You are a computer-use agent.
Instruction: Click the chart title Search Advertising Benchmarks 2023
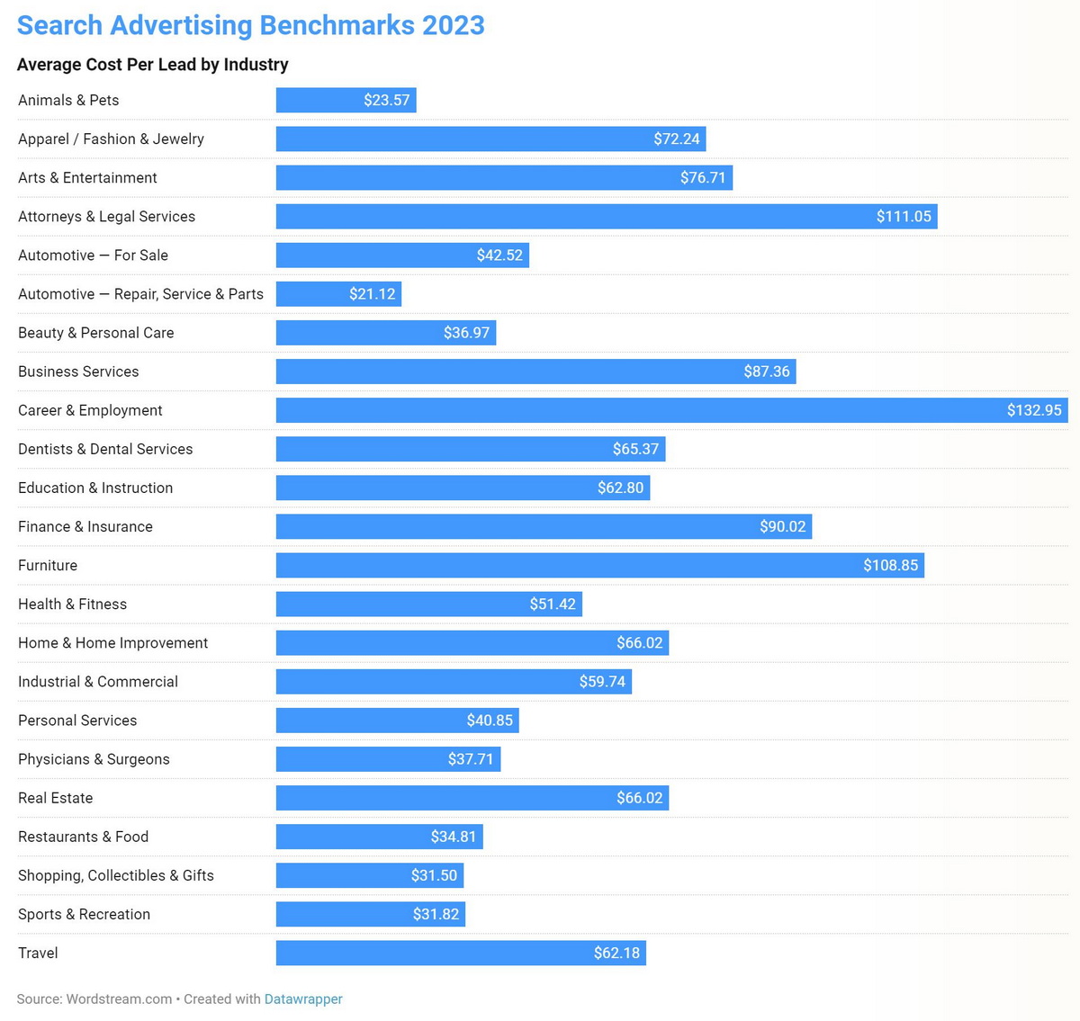pos(250,25)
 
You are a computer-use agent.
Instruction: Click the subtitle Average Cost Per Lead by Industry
pos(153,65)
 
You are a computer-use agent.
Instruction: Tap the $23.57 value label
pos(386,100)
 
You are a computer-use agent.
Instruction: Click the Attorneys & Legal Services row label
pos(106,217)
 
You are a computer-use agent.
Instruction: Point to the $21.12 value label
pos(372,294)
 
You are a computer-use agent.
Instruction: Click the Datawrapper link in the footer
pos(303,999)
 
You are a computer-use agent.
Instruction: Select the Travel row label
pos(38,954)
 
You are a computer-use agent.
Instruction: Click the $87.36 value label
pos(767,372)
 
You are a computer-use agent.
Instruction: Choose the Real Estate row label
pos(55,798)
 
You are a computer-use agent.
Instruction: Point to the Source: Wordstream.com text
pos(94,999)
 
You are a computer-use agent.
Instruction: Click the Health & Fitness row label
pos(72,605)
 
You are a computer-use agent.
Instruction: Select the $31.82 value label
pos(436,915)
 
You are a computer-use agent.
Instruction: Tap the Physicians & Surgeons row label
pos(94,759)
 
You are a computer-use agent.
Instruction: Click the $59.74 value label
pos(602,682)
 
